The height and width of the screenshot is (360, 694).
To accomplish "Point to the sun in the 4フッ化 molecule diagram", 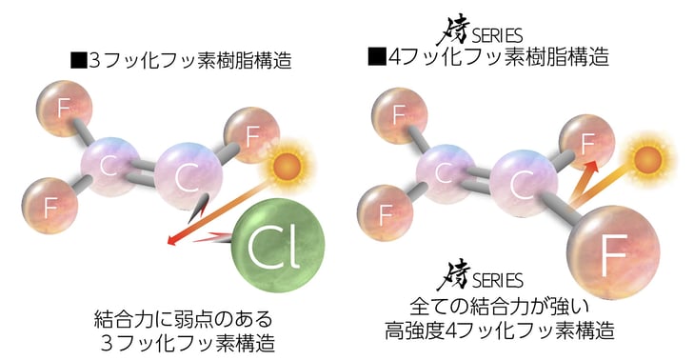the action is pyautogui.click(x=648, y=158).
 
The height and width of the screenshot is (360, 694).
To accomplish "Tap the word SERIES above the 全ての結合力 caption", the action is pyautogui.click(x=497, y=282).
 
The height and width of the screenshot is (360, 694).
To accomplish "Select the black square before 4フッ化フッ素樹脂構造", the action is pyautogui.click(x=376, y=58).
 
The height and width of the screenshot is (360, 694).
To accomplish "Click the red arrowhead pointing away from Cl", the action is pyautogui.click(x=171, y=242).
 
